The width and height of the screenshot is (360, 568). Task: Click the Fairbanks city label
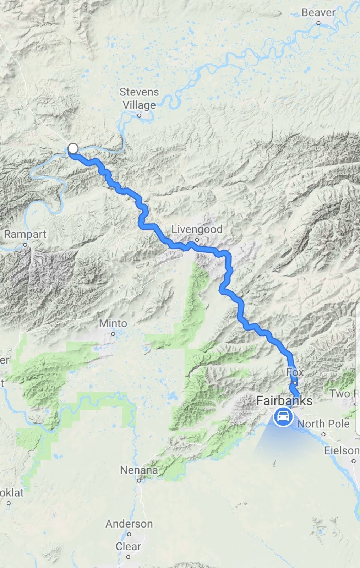284,401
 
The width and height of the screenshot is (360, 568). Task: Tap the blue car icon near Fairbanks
283,416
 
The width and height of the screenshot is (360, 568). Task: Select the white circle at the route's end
73,148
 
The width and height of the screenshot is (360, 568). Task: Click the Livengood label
197,229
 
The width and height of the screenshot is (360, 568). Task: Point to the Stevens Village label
139,98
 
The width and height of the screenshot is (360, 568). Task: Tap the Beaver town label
318,12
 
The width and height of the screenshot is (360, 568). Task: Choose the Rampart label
25,234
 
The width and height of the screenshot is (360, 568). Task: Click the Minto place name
113,323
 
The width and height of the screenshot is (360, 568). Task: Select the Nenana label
139,470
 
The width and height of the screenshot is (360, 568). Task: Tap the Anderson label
129,524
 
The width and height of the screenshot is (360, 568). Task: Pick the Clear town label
128,546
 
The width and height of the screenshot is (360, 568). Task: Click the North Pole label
323,424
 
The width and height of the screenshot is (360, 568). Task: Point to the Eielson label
342,450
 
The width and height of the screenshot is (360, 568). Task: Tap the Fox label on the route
295,372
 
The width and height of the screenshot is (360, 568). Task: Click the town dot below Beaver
318,23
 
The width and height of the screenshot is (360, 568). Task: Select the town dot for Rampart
25,245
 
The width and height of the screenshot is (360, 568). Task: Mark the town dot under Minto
113,334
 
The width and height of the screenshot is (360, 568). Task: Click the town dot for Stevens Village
139,115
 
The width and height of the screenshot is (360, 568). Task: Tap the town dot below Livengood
197,240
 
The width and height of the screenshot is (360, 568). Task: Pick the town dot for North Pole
323,434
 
